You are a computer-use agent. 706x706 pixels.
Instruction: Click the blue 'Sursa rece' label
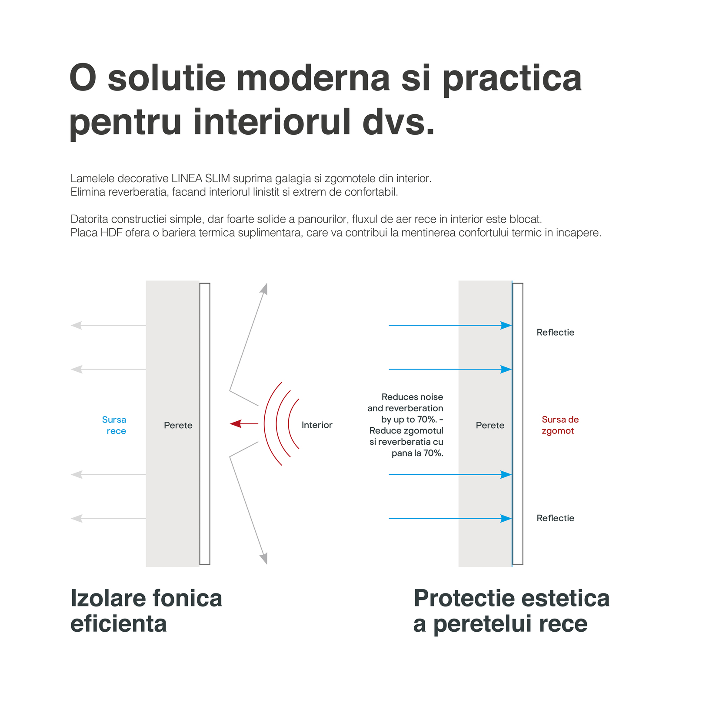(114, 425)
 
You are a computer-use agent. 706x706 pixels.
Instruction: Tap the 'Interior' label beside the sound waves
(317, 425)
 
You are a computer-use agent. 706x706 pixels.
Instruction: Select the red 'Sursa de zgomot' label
(560, 425)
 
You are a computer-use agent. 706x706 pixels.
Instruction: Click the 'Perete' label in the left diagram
(178, 425)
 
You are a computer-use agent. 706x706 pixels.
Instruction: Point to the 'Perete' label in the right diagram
(490, 425)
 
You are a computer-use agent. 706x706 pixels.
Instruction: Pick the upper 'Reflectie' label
(555, 333)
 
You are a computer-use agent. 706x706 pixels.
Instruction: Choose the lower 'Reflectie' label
(555, 518)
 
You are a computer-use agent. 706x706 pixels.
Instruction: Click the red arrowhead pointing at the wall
(235, 423)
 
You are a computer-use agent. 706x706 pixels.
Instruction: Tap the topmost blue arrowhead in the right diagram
(506, 325)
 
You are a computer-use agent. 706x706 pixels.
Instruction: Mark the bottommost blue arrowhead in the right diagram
(506, 519)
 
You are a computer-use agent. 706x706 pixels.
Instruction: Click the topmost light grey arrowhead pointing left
(77, 325)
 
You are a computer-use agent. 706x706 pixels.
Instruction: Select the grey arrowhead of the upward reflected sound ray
(264, 289)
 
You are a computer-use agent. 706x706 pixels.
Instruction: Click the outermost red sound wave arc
(264, 424)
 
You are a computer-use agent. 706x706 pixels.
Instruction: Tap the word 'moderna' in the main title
(313, 78)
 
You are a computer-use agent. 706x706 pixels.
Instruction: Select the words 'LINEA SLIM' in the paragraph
(200, 178)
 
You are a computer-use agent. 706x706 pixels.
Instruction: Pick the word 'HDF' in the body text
(112, 233)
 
